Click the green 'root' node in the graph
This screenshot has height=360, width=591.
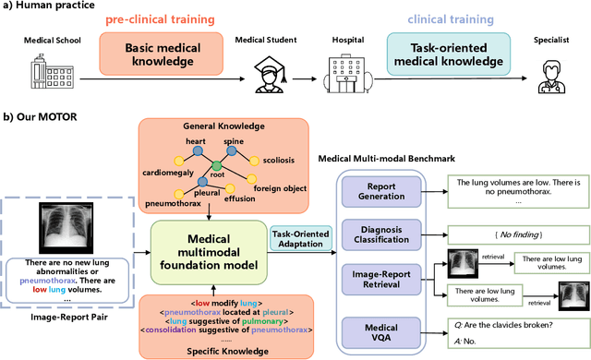218,167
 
